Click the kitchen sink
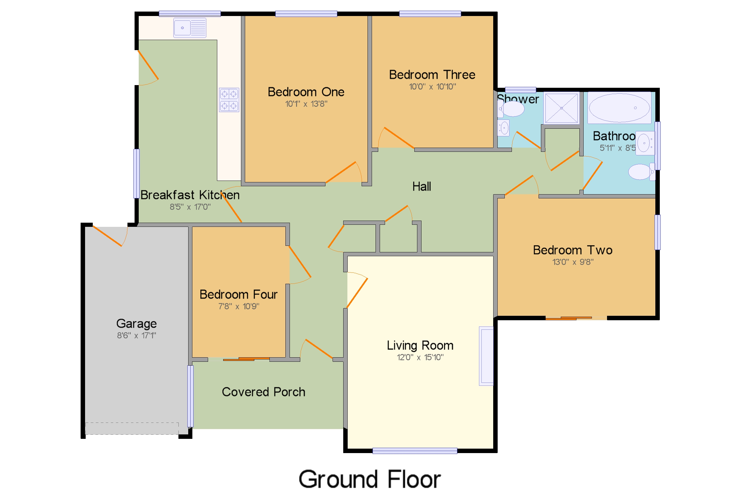190,28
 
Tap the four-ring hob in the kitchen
229,100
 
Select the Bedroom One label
306,92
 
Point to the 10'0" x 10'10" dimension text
432,87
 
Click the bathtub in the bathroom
619,108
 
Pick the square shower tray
561,108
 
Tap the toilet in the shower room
512,109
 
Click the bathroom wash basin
644,143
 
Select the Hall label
421,187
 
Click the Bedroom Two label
572,250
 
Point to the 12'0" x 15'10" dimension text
420,357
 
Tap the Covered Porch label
263,392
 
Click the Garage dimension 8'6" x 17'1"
136,336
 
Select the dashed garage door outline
132,428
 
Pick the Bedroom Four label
238,294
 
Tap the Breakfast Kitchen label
190,195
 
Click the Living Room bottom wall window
414,451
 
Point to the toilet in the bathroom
641,172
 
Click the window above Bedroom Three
430,14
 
